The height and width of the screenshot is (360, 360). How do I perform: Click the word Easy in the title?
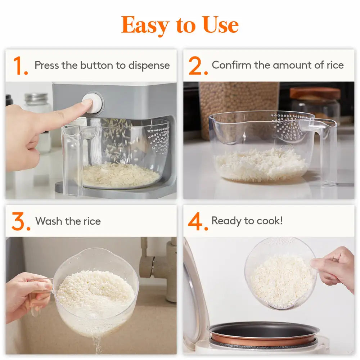(146, 25)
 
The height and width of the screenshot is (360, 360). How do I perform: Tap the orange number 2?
(197, 66)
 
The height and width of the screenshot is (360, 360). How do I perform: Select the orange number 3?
(21, 222)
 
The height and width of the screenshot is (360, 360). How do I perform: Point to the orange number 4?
(198, 222)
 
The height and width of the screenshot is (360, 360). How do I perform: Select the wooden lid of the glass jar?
(315, 93)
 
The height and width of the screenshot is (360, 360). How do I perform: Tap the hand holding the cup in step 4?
(335, 269)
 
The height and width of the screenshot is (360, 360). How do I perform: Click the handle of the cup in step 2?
(328, 151)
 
